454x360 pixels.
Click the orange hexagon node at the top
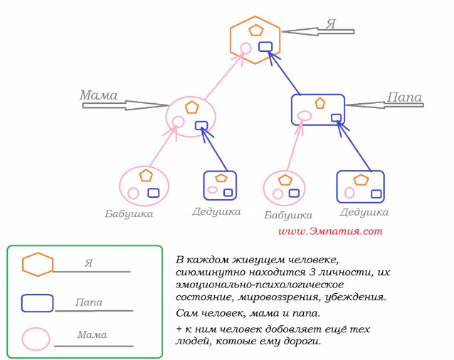(x=255, y=40)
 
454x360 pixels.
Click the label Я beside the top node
(x=330, y=23)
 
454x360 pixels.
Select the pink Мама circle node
(x=191, y=115)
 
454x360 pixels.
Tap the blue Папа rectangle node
(x=318, y=110)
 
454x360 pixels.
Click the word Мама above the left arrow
(x=97, y=95)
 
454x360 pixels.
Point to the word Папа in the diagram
(x=404, y=97)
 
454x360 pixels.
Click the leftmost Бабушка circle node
(x=144, y=184)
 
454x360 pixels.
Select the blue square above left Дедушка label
(x=220, y=184)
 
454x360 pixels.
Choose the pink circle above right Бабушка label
(x=285, y=187)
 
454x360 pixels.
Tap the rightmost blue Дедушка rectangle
(x=360, y=186)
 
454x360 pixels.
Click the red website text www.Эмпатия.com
(x=330, y=231)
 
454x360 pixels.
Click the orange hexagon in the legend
(x=38, y=264)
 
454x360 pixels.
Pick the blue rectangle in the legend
(x=37, y=302)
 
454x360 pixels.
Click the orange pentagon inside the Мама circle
(x=191, y=107)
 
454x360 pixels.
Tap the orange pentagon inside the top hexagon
(x=255, y=31)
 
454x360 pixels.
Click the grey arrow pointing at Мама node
(x=125, y=105)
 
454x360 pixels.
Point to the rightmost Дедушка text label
(x=364, y=212)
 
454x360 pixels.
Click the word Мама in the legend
(x=92, y=334)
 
